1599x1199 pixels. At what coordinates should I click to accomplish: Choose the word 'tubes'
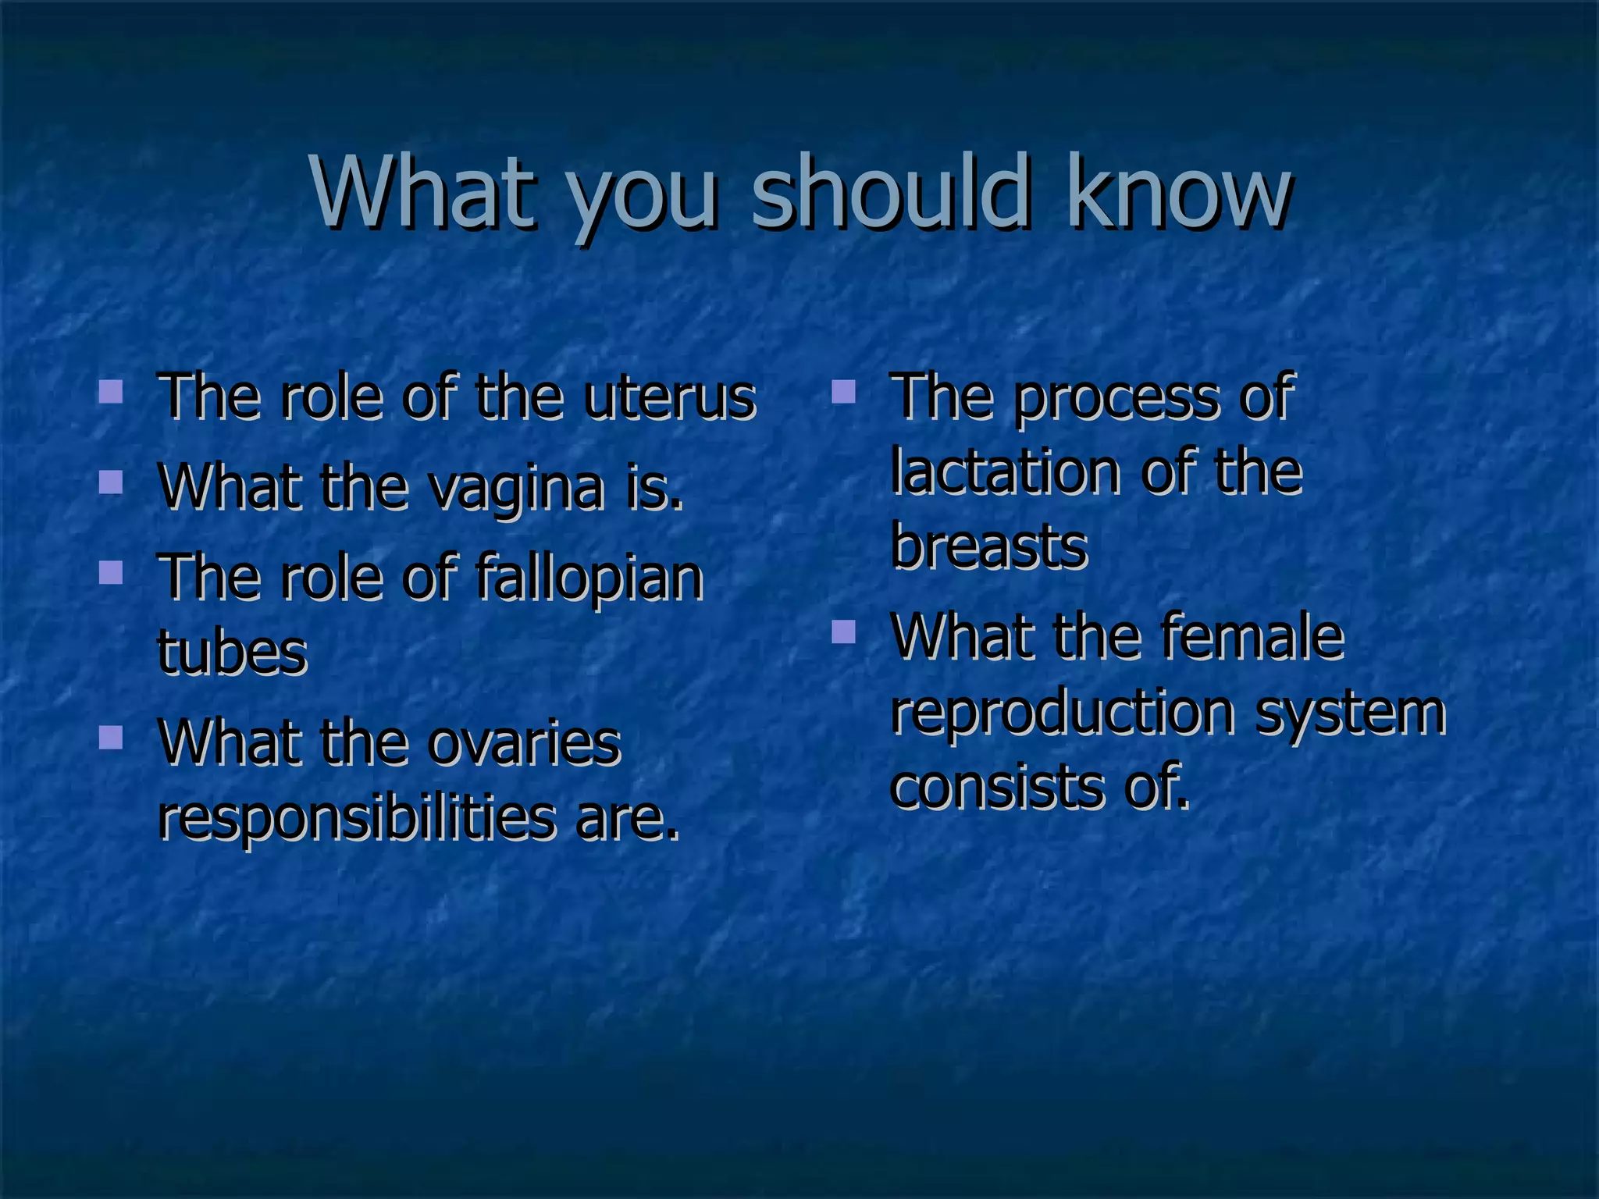(232, 653)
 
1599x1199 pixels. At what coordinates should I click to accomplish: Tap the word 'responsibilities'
(357, 820)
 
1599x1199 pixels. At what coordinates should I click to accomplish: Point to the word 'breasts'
(988, 546)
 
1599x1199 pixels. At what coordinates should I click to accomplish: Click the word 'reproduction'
(1063, 713)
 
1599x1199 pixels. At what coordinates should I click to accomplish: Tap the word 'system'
(1351, 713)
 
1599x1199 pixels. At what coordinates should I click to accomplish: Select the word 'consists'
(996, 787)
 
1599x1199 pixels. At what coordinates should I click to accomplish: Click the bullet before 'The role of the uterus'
(111, 391)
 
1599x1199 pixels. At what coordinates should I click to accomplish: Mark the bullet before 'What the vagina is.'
(111, 482)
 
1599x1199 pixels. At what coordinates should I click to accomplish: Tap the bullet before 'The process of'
(843, 391)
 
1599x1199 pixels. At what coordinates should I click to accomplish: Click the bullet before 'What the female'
(843, 631)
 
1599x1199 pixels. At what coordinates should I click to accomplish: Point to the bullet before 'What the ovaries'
(111, 737)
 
